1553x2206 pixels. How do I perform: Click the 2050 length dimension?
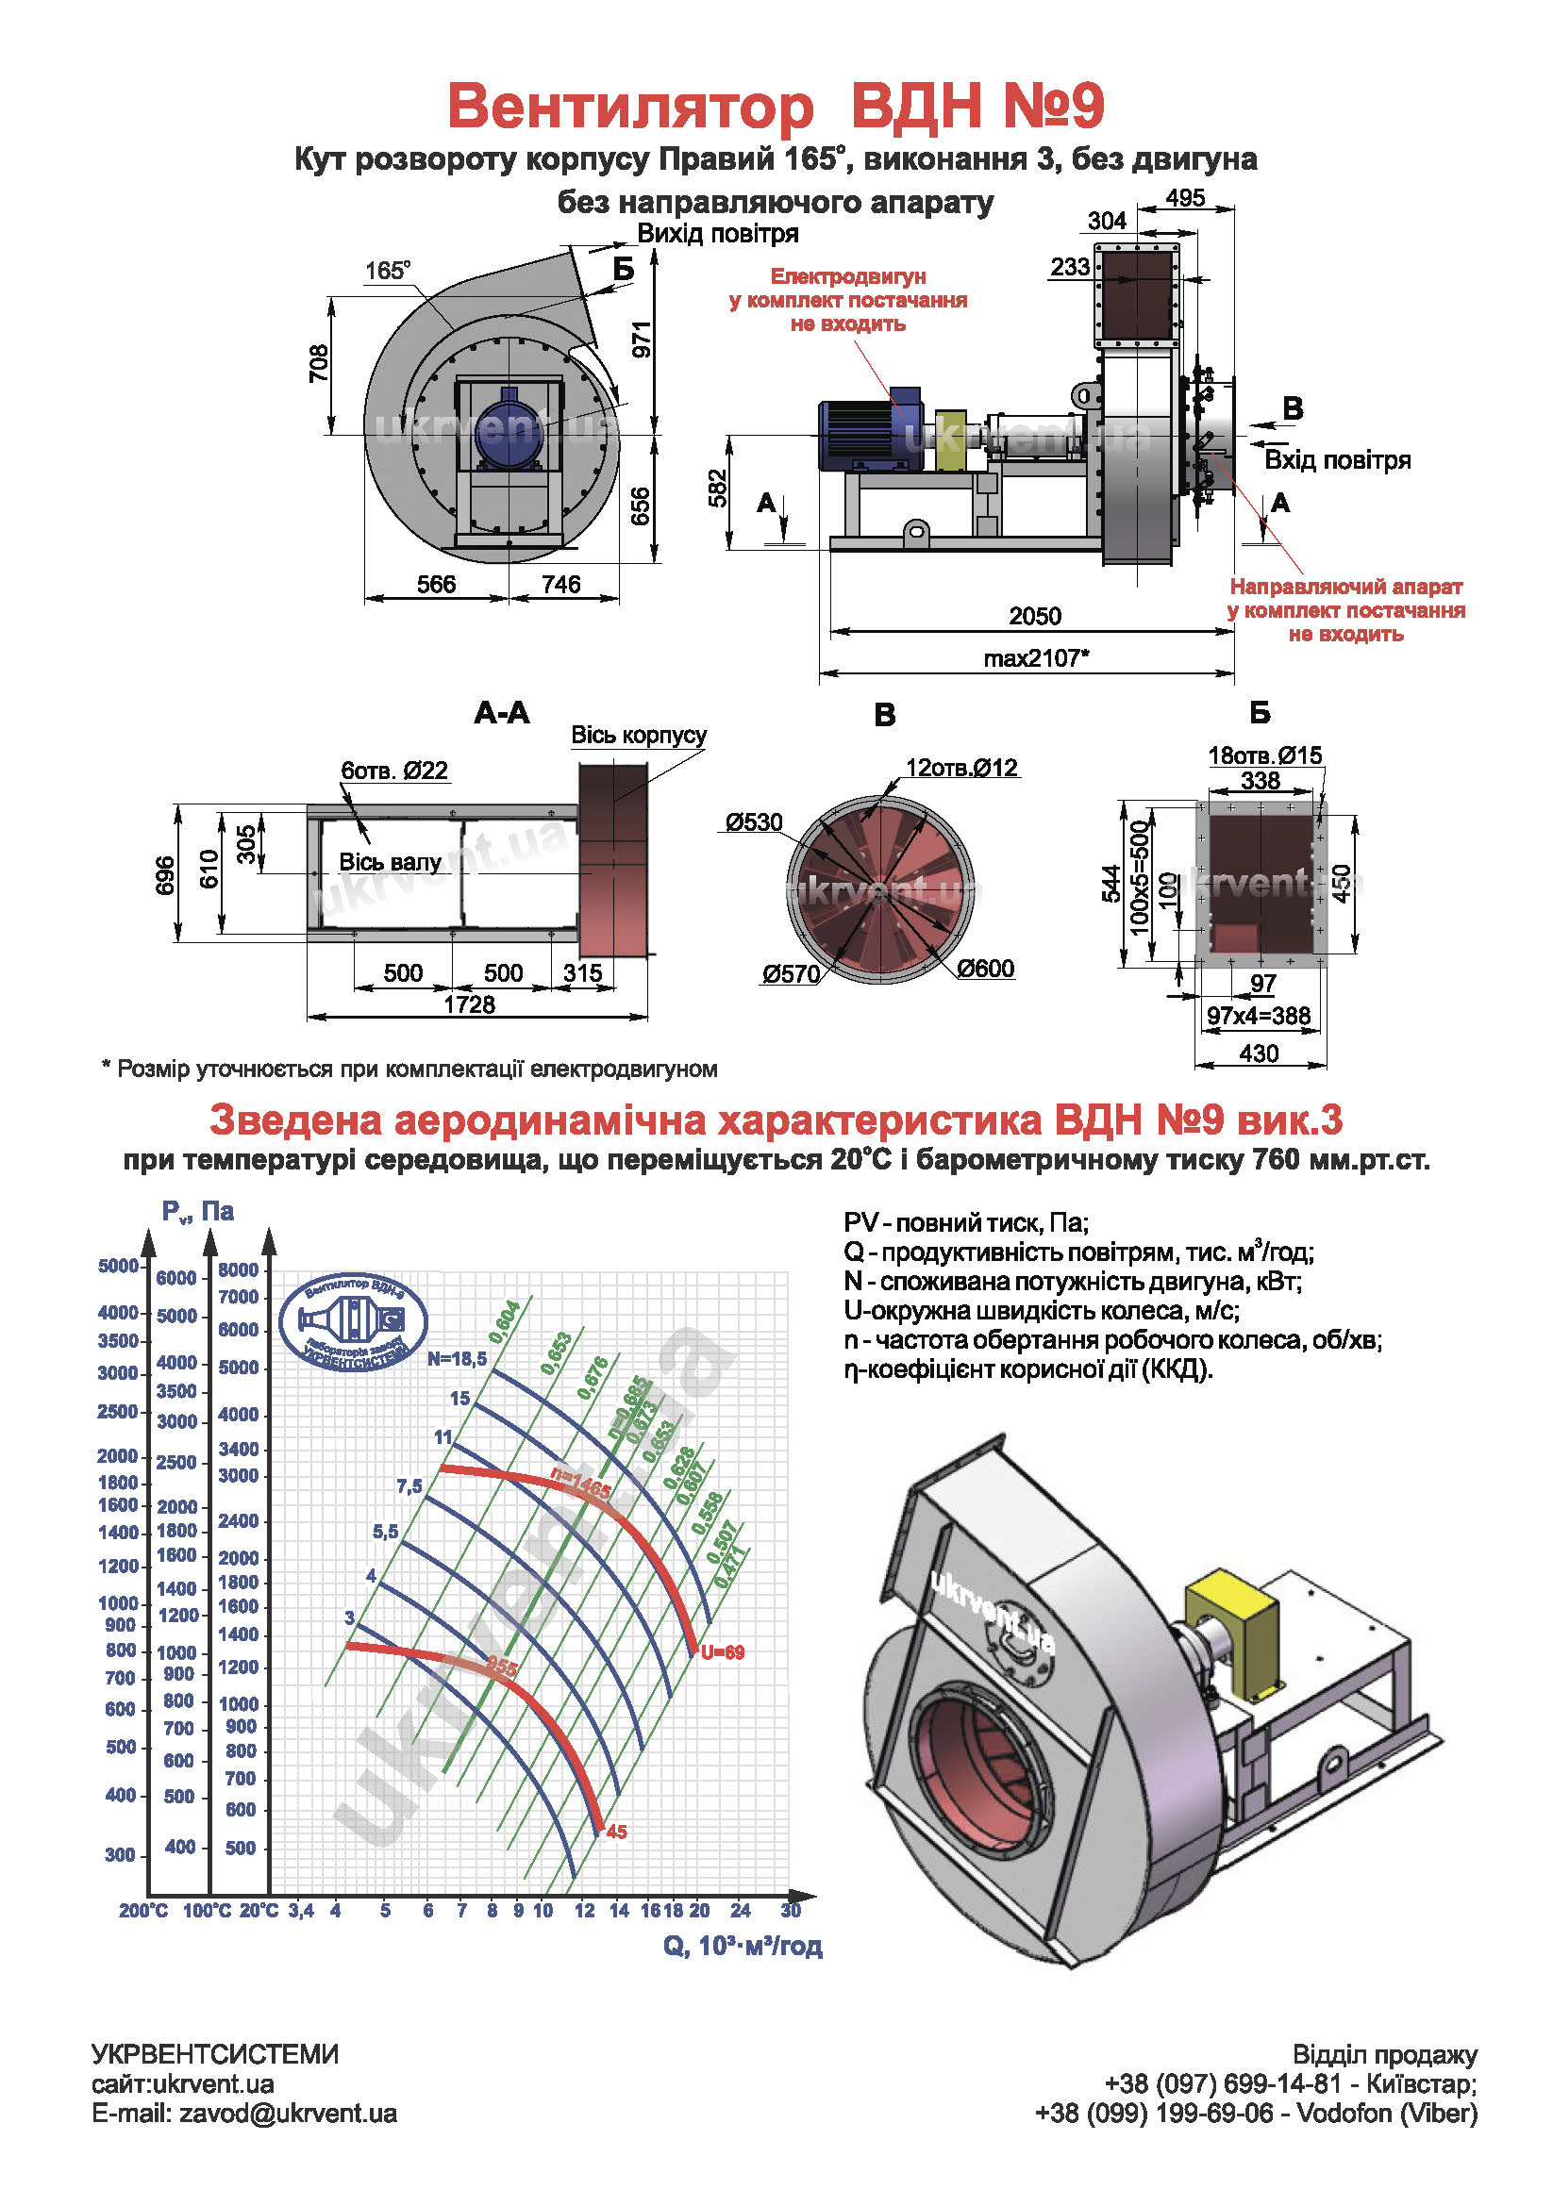pyautogui.click(x=1034, y=616)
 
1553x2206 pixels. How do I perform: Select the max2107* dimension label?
pyautogui.click(x=1036, y=658)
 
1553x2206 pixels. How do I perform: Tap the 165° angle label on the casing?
pyautogui.click(x=387, y=271)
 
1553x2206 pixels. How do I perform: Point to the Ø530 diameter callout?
pyautogui.click(x=755, y=822)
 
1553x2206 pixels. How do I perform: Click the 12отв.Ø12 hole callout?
pyautogui.click(x=961, y=768)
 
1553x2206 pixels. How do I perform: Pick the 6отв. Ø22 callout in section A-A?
pyautogui.click(x=394, y=771)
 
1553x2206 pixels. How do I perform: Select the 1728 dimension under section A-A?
pyautogui.click(x=469, y=1005)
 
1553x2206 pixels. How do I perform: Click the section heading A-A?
pyautogui.click(x=502, y=713)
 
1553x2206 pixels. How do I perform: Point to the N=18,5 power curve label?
pyautogui.click(x=458, y=1358)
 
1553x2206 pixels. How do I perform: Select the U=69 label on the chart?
pyautogui.click(x=722, y=1652)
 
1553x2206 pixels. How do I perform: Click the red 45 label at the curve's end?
pyautogui.click(x=617, y=1832)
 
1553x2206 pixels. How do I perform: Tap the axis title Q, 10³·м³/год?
pyautogui.click(x=742, y=1946)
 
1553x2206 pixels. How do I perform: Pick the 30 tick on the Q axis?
pyautogui.click(x=791, y=1910)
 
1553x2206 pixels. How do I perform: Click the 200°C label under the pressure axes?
pyautogui.click(x=143, y=1911)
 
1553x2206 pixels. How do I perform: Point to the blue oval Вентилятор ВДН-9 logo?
pyautogui.click(x=353, y=1323)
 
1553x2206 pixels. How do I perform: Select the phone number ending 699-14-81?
pyautogui.click(x=1223, y=2084)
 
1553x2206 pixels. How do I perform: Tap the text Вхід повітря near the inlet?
pyautogui.click(x=1337, y=460)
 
